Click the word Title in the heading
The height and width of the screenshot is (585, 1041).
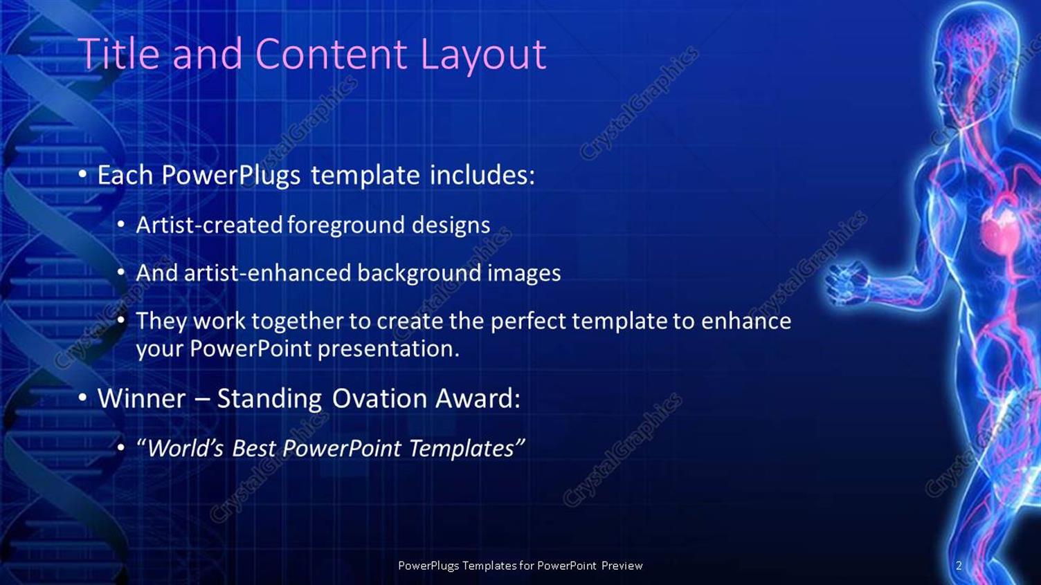[118, 54]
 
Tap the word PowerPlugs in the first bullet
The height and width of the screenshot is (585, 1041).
[230, 176]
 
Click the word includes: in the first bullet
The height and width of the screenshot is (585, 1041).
[482, 175]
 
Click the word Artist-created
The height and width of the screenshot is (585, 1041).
[209, 225]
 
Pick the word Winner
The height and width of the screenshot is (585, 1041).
[141, 399]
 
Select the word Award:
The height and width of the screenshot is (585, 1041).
[478, 399]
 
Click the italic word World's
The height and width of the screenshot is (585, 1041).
[185, 449]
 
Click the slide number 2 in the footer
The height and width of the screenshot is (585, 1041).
[959, 566]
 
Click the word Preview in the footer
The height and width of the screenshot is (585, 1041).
[622, 566]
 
